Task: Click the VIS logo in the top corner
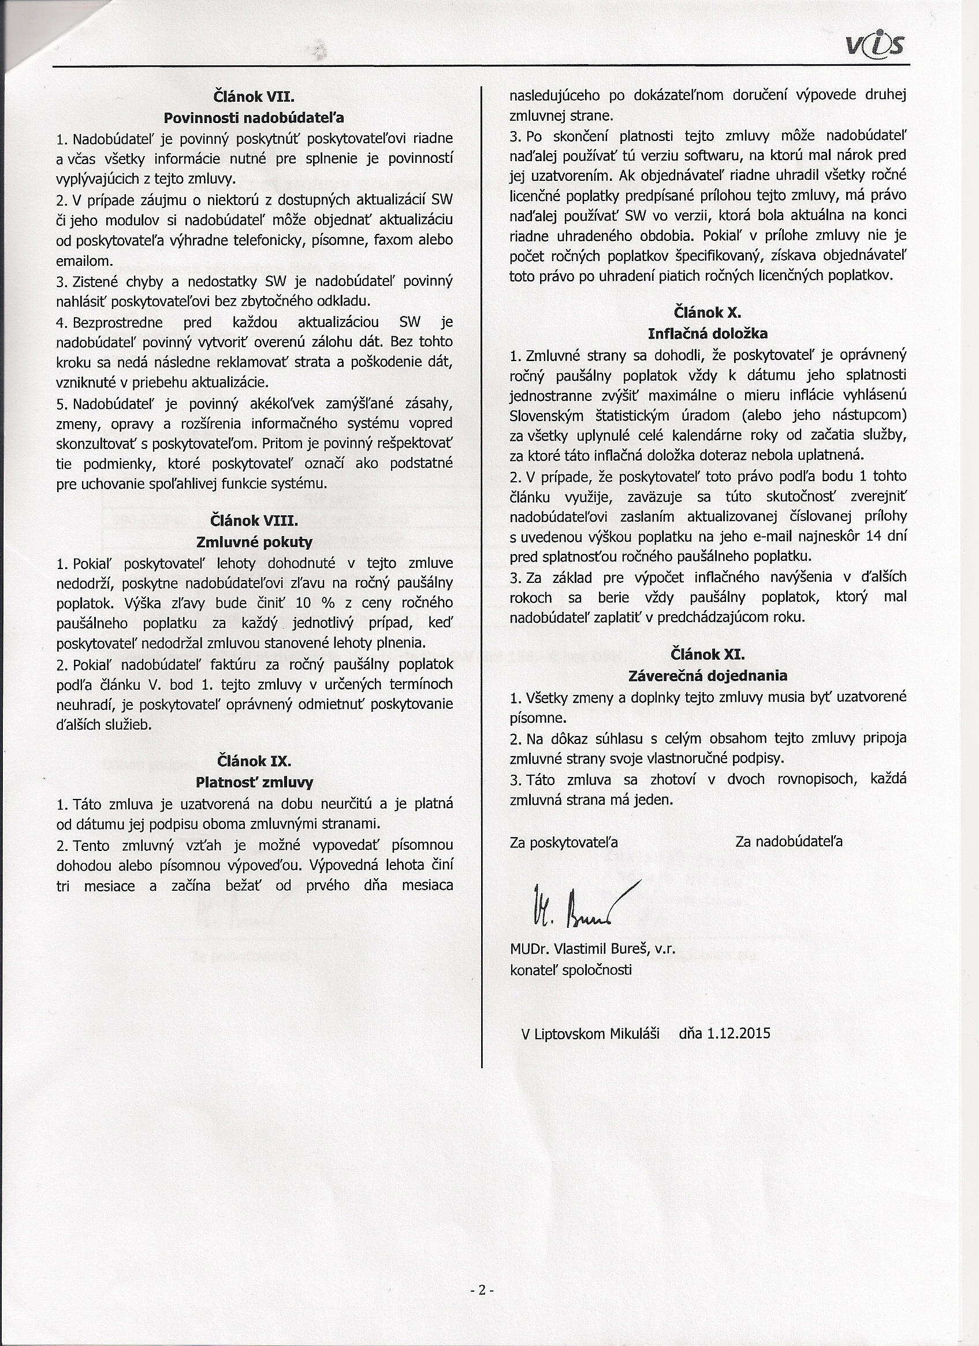point(879,44)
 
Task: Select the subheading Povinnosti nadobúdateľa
point(254,117)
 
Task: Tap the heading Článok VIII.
point(254,520)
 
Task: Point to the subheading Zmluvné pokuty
point(254,541)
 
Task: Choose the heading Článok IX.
point(254,761)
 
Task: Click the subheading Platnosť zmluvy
point(254,782)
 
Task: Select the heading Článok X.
point(708,312)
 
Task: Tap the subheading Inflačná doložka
point(708,333)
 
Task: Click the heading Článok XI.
point(708,654)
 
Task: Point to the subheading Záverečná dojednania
point(708,675)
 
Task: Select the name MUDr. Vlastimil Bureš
point(578,949)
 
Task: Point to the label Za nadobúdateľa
point(788,842)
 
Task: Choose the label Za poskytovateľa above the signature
point(564,842)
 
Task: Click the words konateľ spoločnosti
point(570,970)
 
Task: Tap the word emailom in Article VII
point(84,261)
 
